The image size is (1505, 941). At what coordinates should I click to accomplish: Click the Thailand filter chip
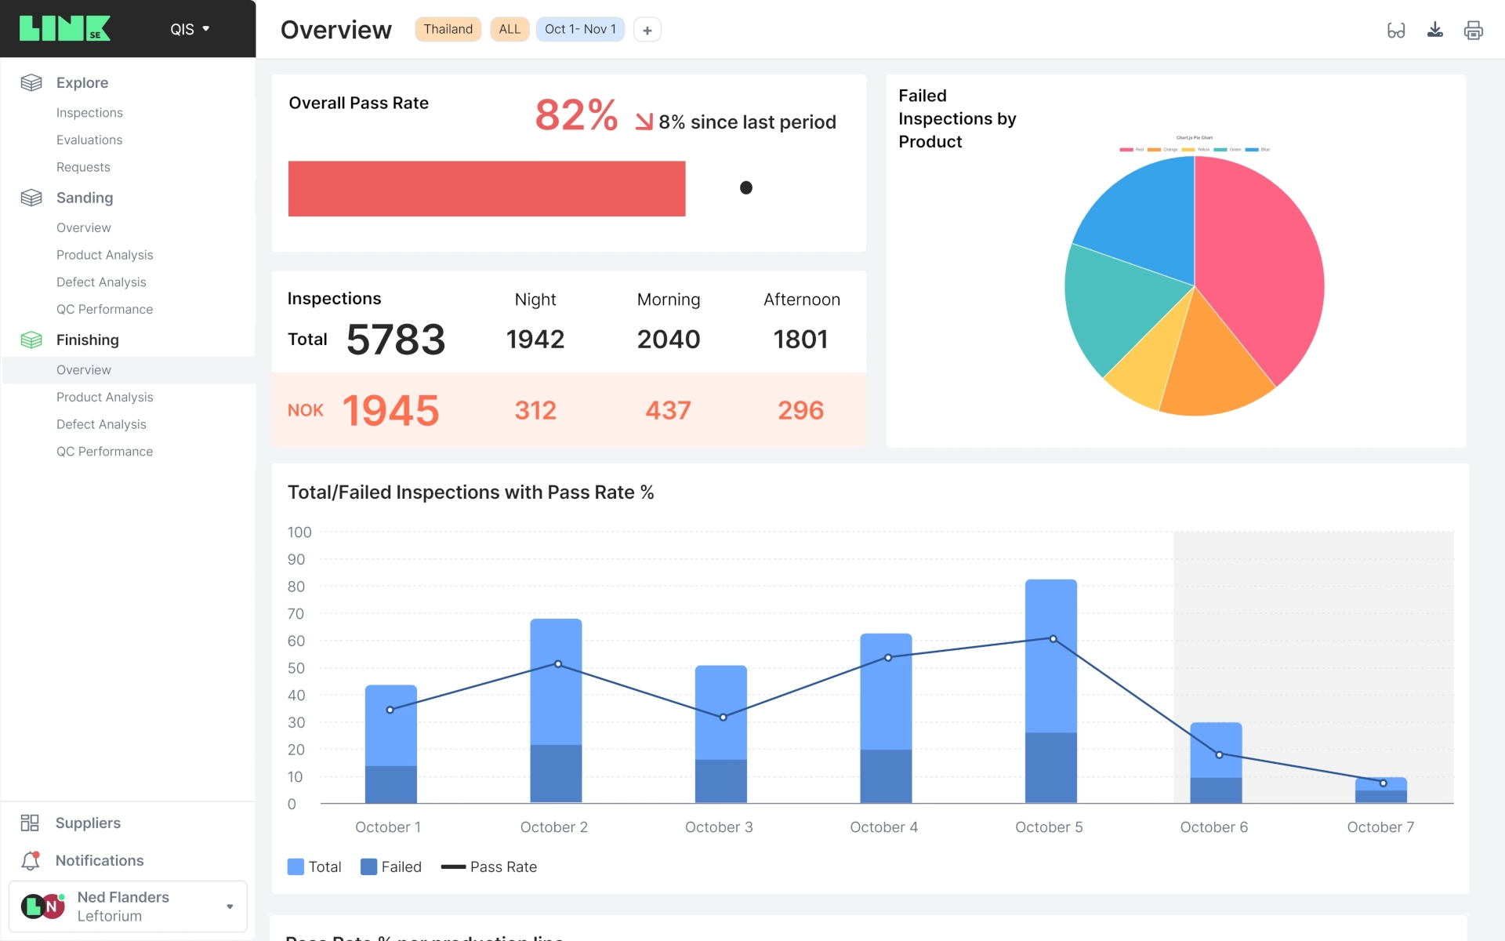coord(448,30)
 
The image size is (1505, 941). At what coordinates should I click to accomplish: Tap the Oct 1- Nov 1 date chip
coord(580,30)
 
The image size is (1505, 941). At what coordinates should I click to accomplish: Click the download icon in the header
coord(1434,30)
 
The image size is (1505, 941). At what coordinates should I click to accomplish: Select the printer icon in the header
coord(1473,30)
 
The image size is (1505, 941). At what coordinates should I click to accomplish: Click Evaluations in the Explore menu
coord(89,140)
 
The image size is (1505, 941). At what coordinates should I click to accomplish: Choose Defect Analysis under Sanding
coord(101,282)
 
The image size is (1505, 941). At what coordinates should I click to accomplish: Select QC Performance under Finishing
coord(104,452)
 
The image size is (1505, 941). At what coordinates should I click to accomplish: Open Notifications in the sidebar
coord(100,860)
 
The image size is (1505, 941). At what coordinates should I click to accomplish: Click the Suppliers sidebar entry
coord(88,823)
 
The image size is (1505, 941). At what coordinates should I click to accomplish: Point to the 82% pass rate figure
coord(576,115)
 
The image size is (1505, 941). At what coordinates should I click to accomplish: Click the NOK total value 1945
coord(391,410)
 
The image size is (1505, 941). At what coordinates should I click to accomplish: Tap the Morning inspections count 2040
coord(668,339)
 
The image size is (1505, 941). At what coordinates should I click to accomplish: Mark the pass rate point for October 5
coord(1053,639)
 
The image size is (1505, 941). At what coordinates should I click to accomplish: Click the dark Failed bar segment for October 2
coord(556,773)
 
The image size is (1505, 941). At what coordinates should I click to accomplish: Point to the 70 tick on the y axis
coord(296,614)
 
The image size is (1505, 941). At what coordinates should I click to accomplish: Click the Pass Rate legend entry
coord(489,867)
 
